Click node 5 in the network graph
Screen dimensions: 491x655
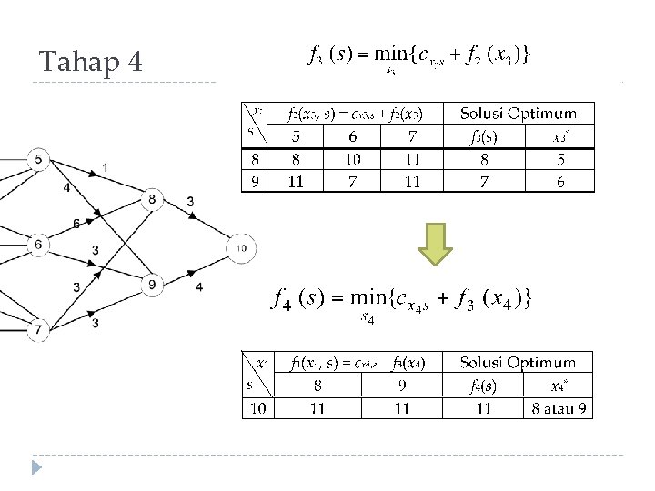tap(38, 160)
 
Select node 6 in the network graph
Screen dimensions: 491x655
tap(38, 244)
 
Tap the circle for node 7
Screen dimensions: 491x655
tap(38, 329)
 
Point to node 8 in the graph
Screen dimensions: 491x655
tap(152, 200)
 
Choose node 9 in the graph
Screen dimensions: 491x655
tap(152, 286)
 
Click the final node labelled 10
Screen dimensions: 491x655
tap(241, 247)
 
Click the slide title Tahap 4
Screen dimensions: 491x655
tap(91, 63)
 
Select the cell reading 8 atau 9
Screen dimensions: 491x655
tap(559, 408)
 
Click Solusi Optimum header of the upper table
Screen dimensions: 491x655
tap(518, 114)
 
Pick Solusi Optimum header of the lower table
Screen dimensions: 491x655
tap(517, 363)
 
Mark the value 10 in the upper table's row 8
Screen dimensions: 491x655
tap(352, 159)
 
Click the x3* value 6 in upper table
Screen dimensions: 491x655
tap(560, 182)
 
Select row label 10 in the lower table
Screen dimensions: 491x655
tap(258, 408)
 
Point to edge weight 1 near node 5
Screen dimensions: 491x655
tap(106, 167)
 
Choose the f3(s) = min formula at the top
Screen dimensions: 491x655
tap(420, 56)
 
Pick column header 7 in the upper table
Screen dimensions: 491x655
tap(412, 136)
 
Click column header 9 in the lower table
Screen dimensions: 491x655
tap(402, 386)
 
